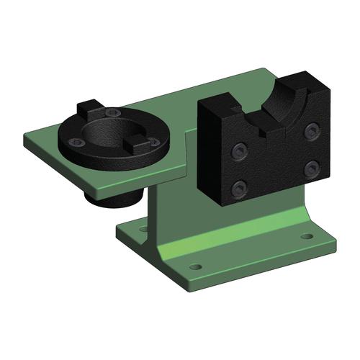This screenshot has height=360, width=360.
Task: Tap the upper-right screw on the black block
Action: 312,130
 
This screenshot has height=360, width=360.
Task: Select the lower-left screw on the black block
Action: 238,189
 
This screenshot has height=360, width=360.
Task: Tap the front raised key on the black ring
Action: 137,143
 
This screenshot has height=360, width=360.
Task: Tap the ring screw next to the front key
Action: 153,143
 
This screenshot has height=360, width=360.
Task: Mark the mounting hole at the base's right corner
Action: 307,235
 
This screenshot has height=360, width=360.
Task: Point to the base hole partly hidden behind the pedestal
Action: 143,229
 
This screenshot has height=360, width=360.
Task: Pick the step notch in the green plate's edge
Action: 186,133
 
